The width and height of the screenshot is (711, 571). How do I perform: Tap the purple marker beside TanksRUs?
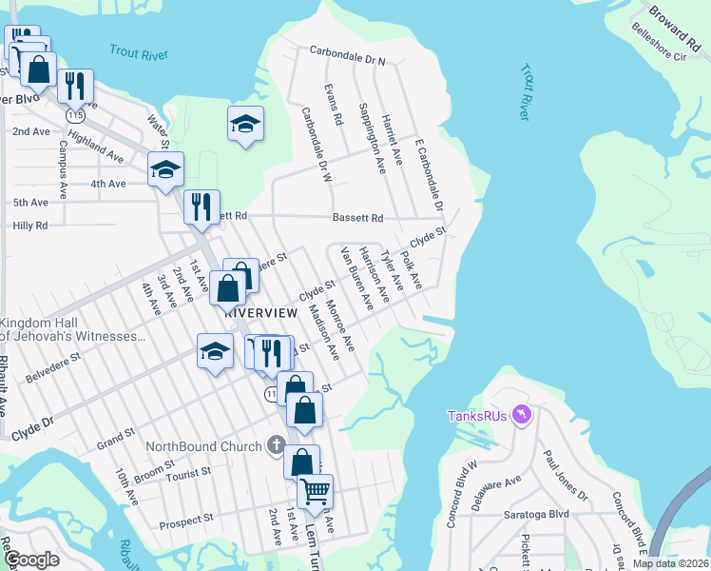[519, 415]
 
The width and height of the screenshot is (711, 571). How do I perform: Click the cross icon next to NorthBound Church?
[276, 444]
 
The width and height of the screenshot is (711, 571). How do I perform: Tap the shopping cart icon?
[315, 492]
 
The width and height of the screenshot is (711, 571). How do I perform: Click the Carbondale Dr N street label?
[348, 56]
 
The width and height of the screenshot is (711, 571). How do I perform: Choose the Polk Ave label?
[411, 271]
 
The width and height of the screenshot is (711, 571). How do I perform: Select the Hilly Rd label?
[29, 226]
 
